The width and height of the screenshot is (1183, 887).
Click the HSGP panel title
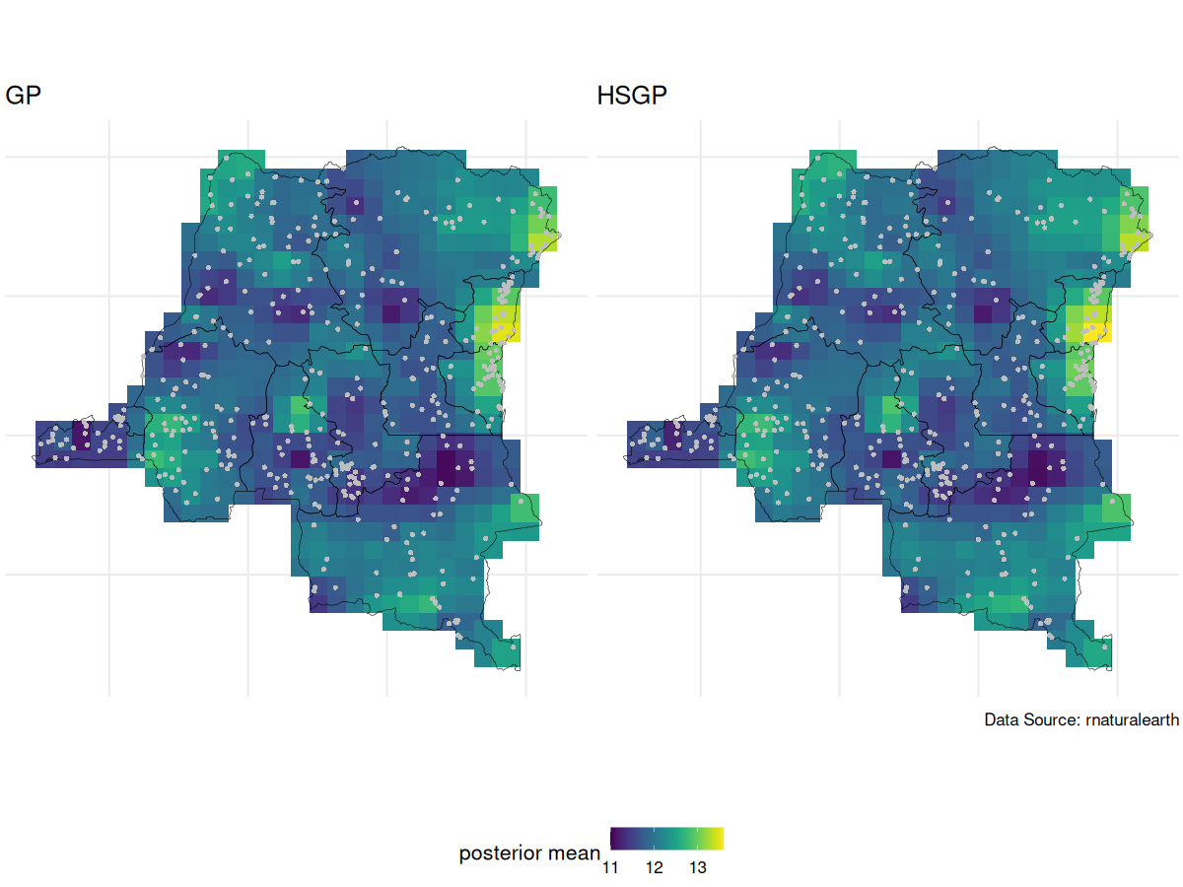tap(632, 97)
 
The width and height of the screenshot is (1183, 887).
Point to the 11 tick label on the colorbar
tap(610, 868)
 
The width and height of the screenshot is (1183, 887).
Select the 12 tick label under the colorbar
tap(654, 868)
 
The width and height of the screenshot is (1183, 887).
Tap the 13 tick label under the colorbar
tap(697, 868)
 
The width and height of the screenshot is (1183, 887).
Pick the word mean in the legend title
tap(573, 853)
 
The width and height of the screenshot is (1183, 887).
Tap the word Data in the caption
tap(1002, 720)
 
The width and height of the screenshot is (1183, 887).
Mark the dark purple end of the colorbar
tap(615, 838)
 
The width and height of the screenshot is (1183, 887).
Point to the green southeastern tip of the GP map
tap(508, 653)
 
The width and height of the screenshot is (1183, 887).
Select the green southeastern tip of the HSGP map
tap(1099, 653)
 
